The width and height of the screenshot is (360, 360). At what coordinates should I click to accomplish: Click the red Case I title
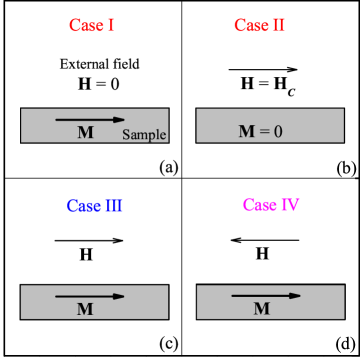click(92, 25)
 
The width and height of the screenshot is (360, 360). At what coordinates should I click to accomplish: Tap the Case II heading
click(259, 25)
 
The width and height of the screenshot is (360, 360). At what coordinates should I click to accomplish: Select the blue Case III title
click(95, 206)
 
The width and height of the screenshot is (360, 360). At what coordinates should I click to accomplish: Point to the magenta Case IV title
click(271, 205)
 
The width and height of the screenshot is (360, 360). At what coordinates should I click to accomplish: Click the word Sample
click(144, 135)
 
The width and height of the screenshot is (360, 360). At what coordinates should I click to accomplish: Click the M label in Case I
click(85, 132)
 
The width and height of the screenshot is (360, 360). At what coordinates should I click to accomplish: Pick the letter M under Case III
click(85, 309)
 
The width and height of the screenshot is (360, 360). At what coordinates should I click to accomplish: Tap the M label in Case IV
click(261, 309)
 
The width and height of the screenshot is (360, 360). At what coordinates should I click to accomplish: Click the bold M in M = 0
click(246, 131)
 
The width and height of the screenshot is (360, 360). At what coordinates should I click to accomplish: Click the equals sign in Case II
click(262, 131)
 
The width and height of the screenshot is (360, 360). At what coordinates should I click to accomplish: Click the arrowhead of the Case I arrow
click(120, 120)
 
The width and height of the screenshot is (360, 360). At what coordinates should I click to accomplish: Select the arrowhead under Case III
click(120, 296)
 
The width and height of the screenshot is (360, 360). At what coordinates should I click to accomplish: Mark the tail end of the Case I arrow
click(57, 120)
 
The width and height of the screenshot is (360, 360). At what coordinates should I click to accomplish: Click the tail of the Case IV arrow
click(233, 296)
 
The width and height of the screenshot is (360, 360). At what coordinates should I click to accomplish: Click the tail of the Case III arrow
click(57, 296)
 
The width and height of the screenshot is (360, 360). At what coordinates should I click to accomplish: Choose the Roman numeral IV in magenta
click(289, 205)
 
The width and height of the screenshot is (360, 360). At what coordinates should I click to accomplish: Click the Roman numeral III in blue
click(113, 206)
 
